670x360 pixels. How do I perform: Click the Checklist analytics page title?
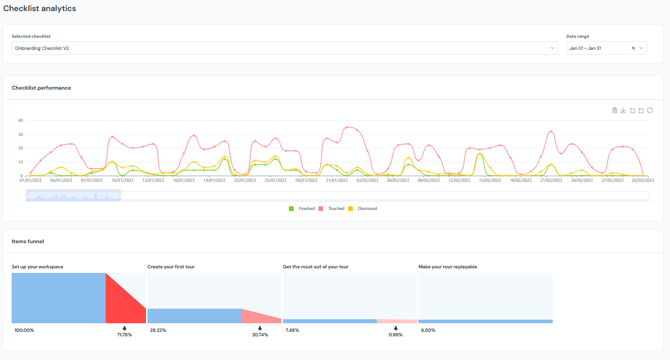[40, 9]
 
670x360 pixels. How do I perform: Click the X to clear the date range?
[633, 48]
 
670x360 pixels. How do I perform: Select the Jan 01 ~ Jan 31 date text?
[585, 48]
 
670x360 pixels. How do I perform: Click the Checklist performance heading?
[41, 88]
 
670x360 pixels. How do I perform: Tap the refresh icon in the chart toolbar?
[650, 110]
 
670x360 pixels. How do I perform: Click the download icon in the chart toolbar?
[623, 110]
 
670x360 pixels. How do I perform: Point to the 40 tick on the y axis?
[21, 120]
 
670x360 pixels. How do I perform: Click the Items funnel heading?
[28, 242]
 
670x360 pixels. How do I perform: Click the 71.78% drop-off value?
[124, 335]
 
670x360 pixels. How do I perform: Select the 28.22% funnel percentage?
[158, 330]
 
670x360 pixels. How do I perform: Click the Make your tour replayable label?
[448, 267]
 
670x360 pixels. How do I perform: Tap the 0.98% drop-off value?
[396, 335]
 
